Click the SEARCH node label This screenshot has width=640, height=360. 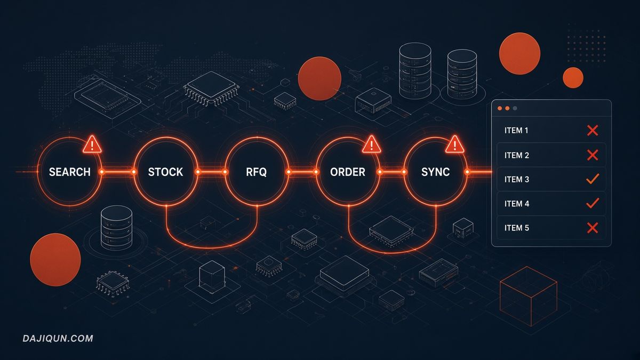pyautogui.click(x=70, y=172)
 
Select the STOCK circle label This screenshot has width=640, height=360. pyautogui.click(x=165, y=172)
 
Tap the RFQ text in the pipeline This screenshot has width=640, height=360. pyautogui.click(x=257, y=172)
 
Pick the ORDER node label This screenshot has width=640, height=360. pyautogui.click(x=348, y=172)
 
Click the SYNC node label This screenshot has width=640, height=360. pyautogui.click(x=435, y=172)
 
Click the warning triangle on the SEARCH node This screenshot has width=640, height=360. pyautogui.click(x=92, y=145)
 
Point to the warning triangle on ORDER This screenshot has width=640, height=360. pyautogui.click(x=371, y=145)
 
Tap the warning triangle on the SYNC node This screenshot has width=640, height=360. pyautogui.click(x=454, y=145)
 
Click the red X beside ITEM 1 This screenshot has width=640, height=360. pyautogui.click(x=593, y=131)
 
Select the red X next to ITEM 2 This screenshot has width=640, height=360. pyautogui.click(x=593, y=155)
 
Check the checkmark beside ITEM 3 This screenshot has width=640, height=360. pyautogui.click(x=593, y=179)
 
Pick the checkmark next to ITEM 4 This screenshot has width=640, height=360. pyautogui.click(x=593, y=203)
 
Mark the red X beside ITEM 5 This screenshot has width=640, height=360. pyautogui.click(x=593, y=228)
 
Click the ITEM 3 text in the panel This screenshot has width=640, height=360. pyautogui.click(x=517, y=179)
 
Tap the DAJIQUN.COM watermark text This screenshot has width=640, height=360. pyautogui.click(x=58, y=339)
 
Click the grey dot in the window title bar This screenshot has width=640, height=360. pyautogui.click(x=515, y=108)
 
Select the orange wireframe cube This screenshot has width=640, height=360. pyautogui.click(x=529, y=297)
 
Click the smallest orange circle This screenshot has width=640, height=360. pyautogui.click(x=573, y=78)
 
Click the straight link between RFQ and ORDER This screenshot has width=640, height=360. pyautogui.click(x=302, y=172)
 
